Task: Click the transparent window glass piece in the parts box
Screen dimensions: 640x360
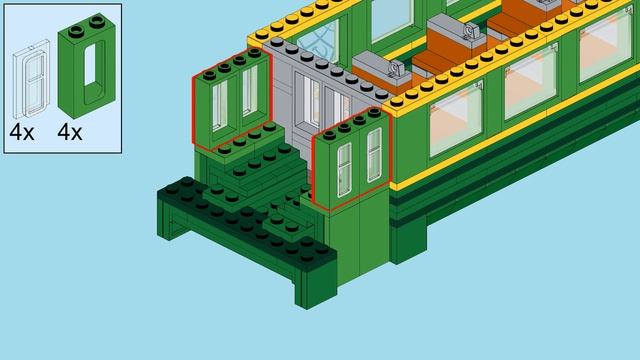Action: (x=31, y=78)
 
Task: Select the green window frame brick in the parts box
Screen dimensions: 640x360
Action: (x=87, y=65)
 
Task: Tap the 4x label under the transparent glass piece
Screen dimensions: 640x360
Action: (x=22, y=132)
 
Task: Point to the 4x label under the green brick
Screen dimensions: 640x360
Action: (x=69, y=132)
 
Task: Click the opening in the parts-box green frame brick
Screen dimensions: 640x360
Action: (x=90, y=64)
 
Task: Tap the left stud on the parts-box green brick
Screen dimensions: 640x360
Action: (x=76, y=31)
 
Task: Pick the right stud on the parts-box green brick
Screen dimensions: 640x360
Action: (x=97, y=20)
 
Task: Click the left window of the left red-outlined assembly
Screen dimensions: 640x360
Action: (x=220, y=105)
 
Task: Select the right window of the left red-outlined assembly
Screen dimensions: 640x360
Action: (x=250, y=91)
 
